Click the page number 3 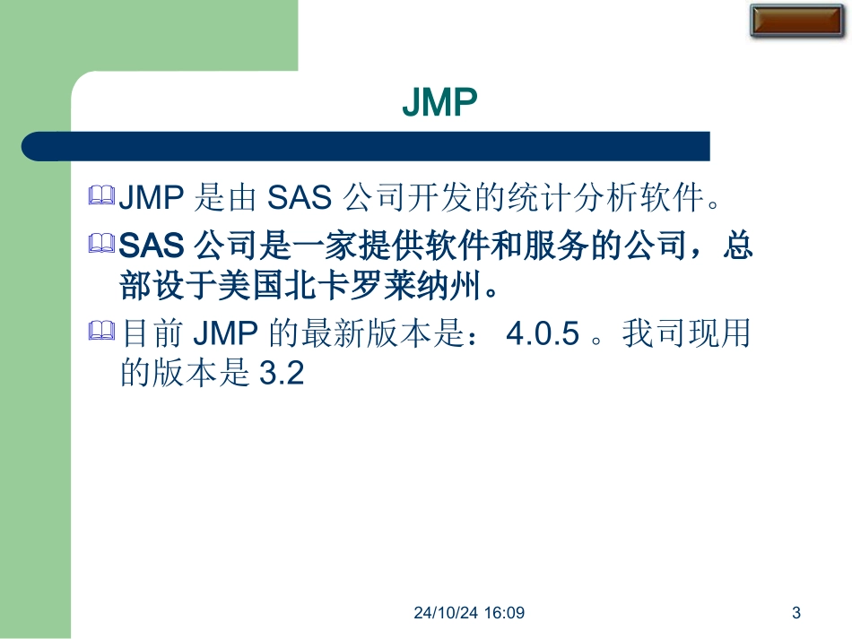[796, 614]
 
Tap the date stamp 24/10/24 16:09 [470, 614]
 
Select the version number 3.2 [282, 374]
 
